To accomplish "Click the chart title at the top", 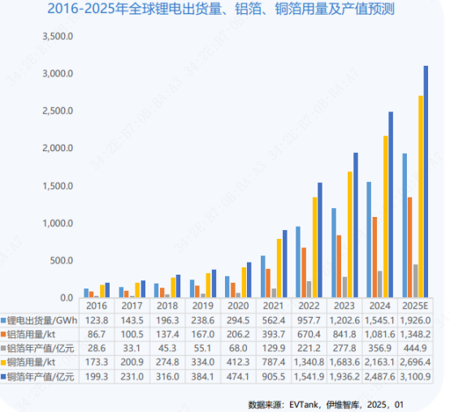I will pos(225,11).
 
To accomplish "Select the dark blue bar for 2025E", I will pos(425,182).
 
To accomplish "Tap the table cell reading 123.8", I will pos(97,320).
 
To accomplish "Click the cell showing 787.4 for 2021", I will pos(274,363).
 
